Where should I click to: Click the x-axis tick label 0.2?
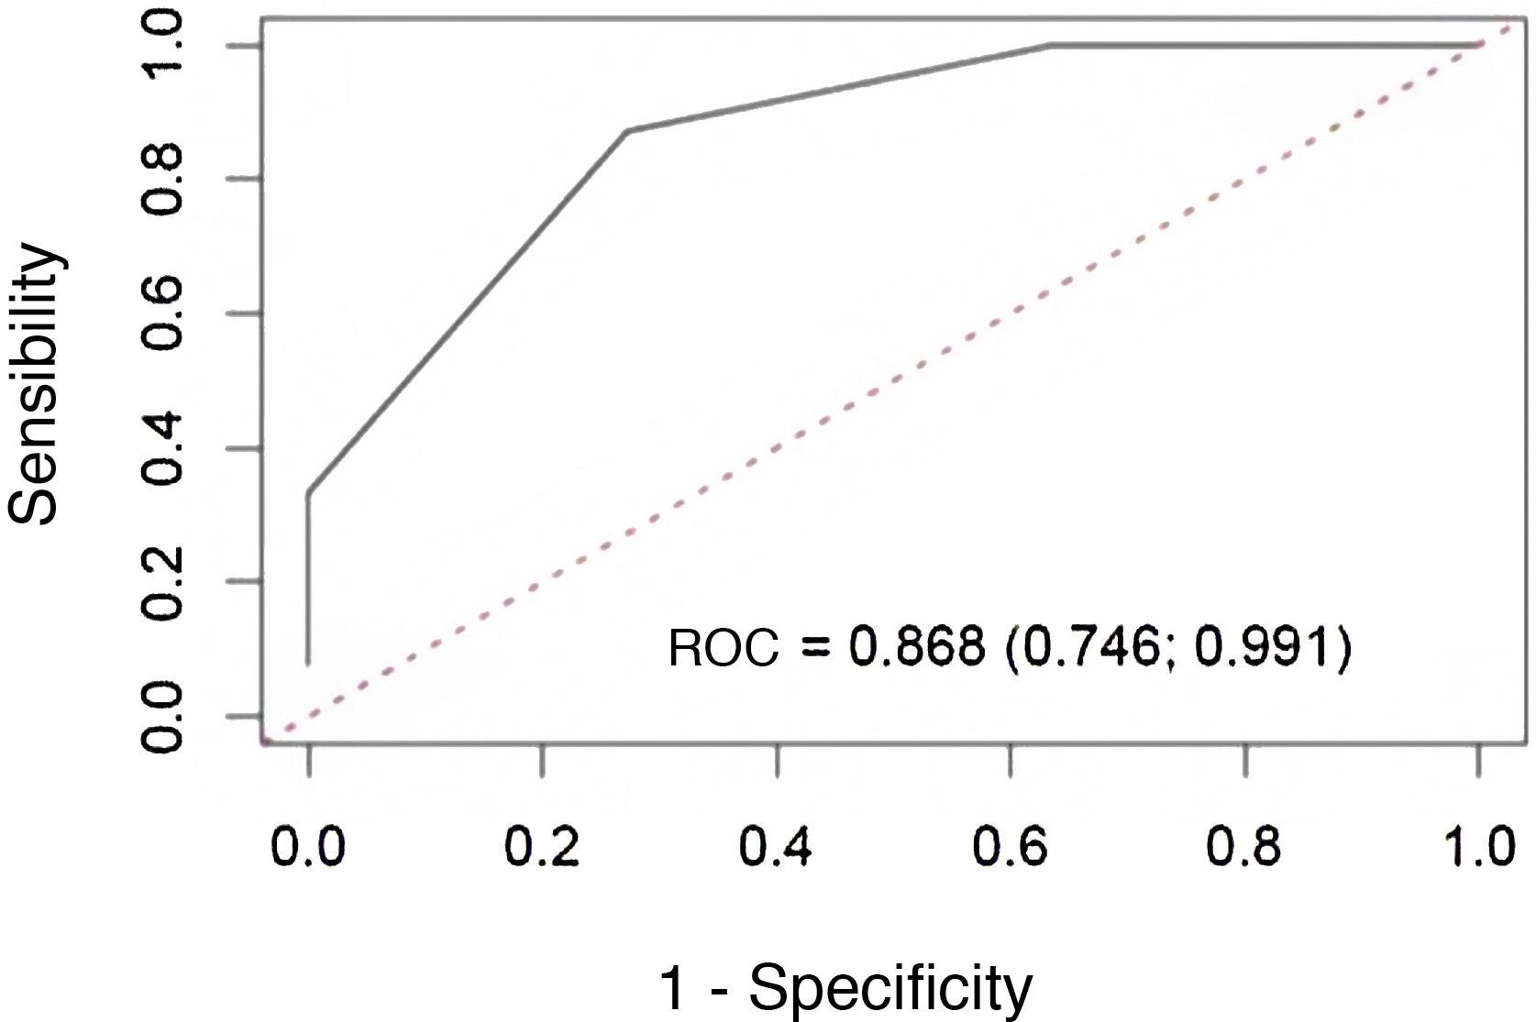pyautogui.click(x=542, y=848)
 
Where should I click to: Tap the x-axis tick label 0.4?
pyautogui.click(x=776, y=848)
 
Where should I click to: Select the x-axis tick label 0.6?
pyautogui.click(x=1010, y=848)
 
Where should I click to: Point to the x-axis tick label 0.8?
pyautogui.click(x=1243, y=848)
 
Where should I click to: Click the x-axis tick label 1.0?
pyautogui.click(x=1477, y=848)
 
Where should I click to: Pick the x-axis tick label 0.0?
pyautogui.click(x=308, y=848)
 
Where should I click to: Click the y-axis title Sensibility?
pyautogui.click(x=37, y=383)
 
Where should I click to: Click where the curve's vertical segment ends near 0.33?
pyautogui.click(x=308, y=493)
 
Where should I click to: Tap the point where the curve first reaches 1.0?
pyautogui.click(x=1051, y=44)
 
